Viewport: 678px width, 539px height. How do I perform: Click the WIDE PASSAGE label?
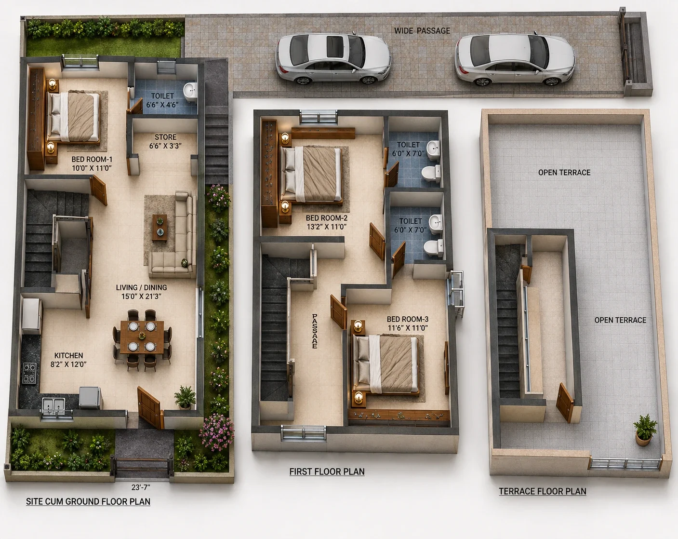(x=422, y=31)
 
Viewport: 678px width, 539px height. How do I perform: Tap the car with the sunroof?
(x=333, y=58)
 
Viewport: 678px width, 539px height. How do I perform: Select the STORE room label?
(x=165, y=137)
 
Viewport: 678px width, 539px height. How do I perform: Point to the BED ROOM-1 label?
(x=92, y=160)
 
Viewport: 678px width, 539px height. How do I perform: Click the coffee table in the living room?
(x=160, y=228)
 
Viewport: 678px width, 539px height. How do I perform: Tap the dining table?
(x=143, y=337)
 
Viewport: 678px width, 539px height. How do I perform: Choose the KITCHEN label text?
(x=68, y=355)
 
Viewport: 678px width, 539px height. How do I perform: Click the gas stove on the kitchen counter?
(x=29, y=373)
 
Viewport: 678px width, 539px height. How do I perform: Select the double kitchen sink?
(x=53, y=404)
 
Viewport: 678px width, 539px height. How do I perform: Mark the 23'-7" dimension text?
(x=141, y=487)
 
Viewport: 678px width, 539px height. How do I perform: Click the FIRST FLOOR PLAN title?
(x=327, y=472)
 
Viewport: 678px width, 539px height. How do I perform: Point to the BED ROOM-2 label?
(x=326, y=218)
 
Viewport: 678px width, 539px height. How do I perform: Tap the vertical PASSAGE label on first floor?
(x=315, y=331)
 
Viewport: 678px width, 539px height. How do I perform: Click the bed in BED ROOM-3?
(x=386, y=364)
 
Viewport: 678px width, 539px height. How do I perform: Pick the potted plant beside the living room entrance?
(x=185, y=398)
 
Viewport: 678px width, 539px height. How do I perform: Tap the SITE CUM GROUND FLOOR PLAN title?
(x=88, y=501)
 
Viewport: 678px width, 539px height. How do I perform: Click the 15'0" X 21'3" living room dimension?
(x=142, y=296)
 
